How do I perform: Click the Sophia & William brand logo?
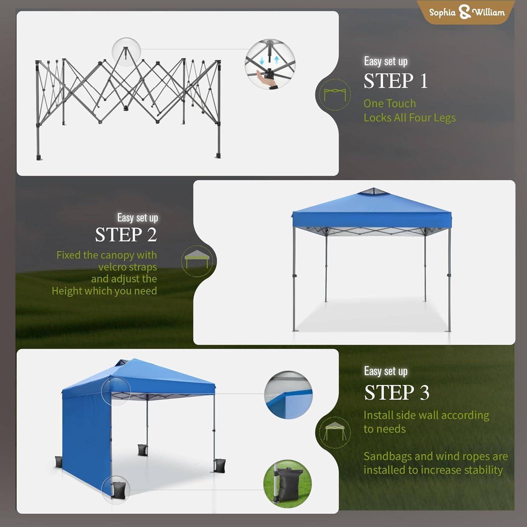(467, 13)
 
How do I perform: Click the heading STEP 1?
(396, 81)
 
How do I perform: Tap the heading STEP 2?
(126, 235)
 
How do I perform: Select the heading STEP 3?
(397, 392)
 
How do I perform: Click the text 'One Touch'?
(390, 103)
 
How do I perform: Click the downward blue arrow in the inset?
(262, 60)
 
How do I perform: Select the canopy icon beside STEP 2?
(197, 261)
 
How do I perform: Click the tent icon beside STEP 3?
(335, 432)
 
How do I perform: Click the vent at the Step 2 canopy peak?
(373, 192)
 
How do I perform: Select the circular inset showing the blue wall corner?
(288, 395)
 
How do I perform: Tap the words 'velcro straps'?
(128, 267)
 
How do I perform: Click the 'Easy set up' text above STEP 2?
(137, 218)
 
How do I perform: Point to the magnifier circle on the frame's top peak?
(126, 52)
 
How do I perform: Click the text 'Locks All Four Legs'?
(409, 118)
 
